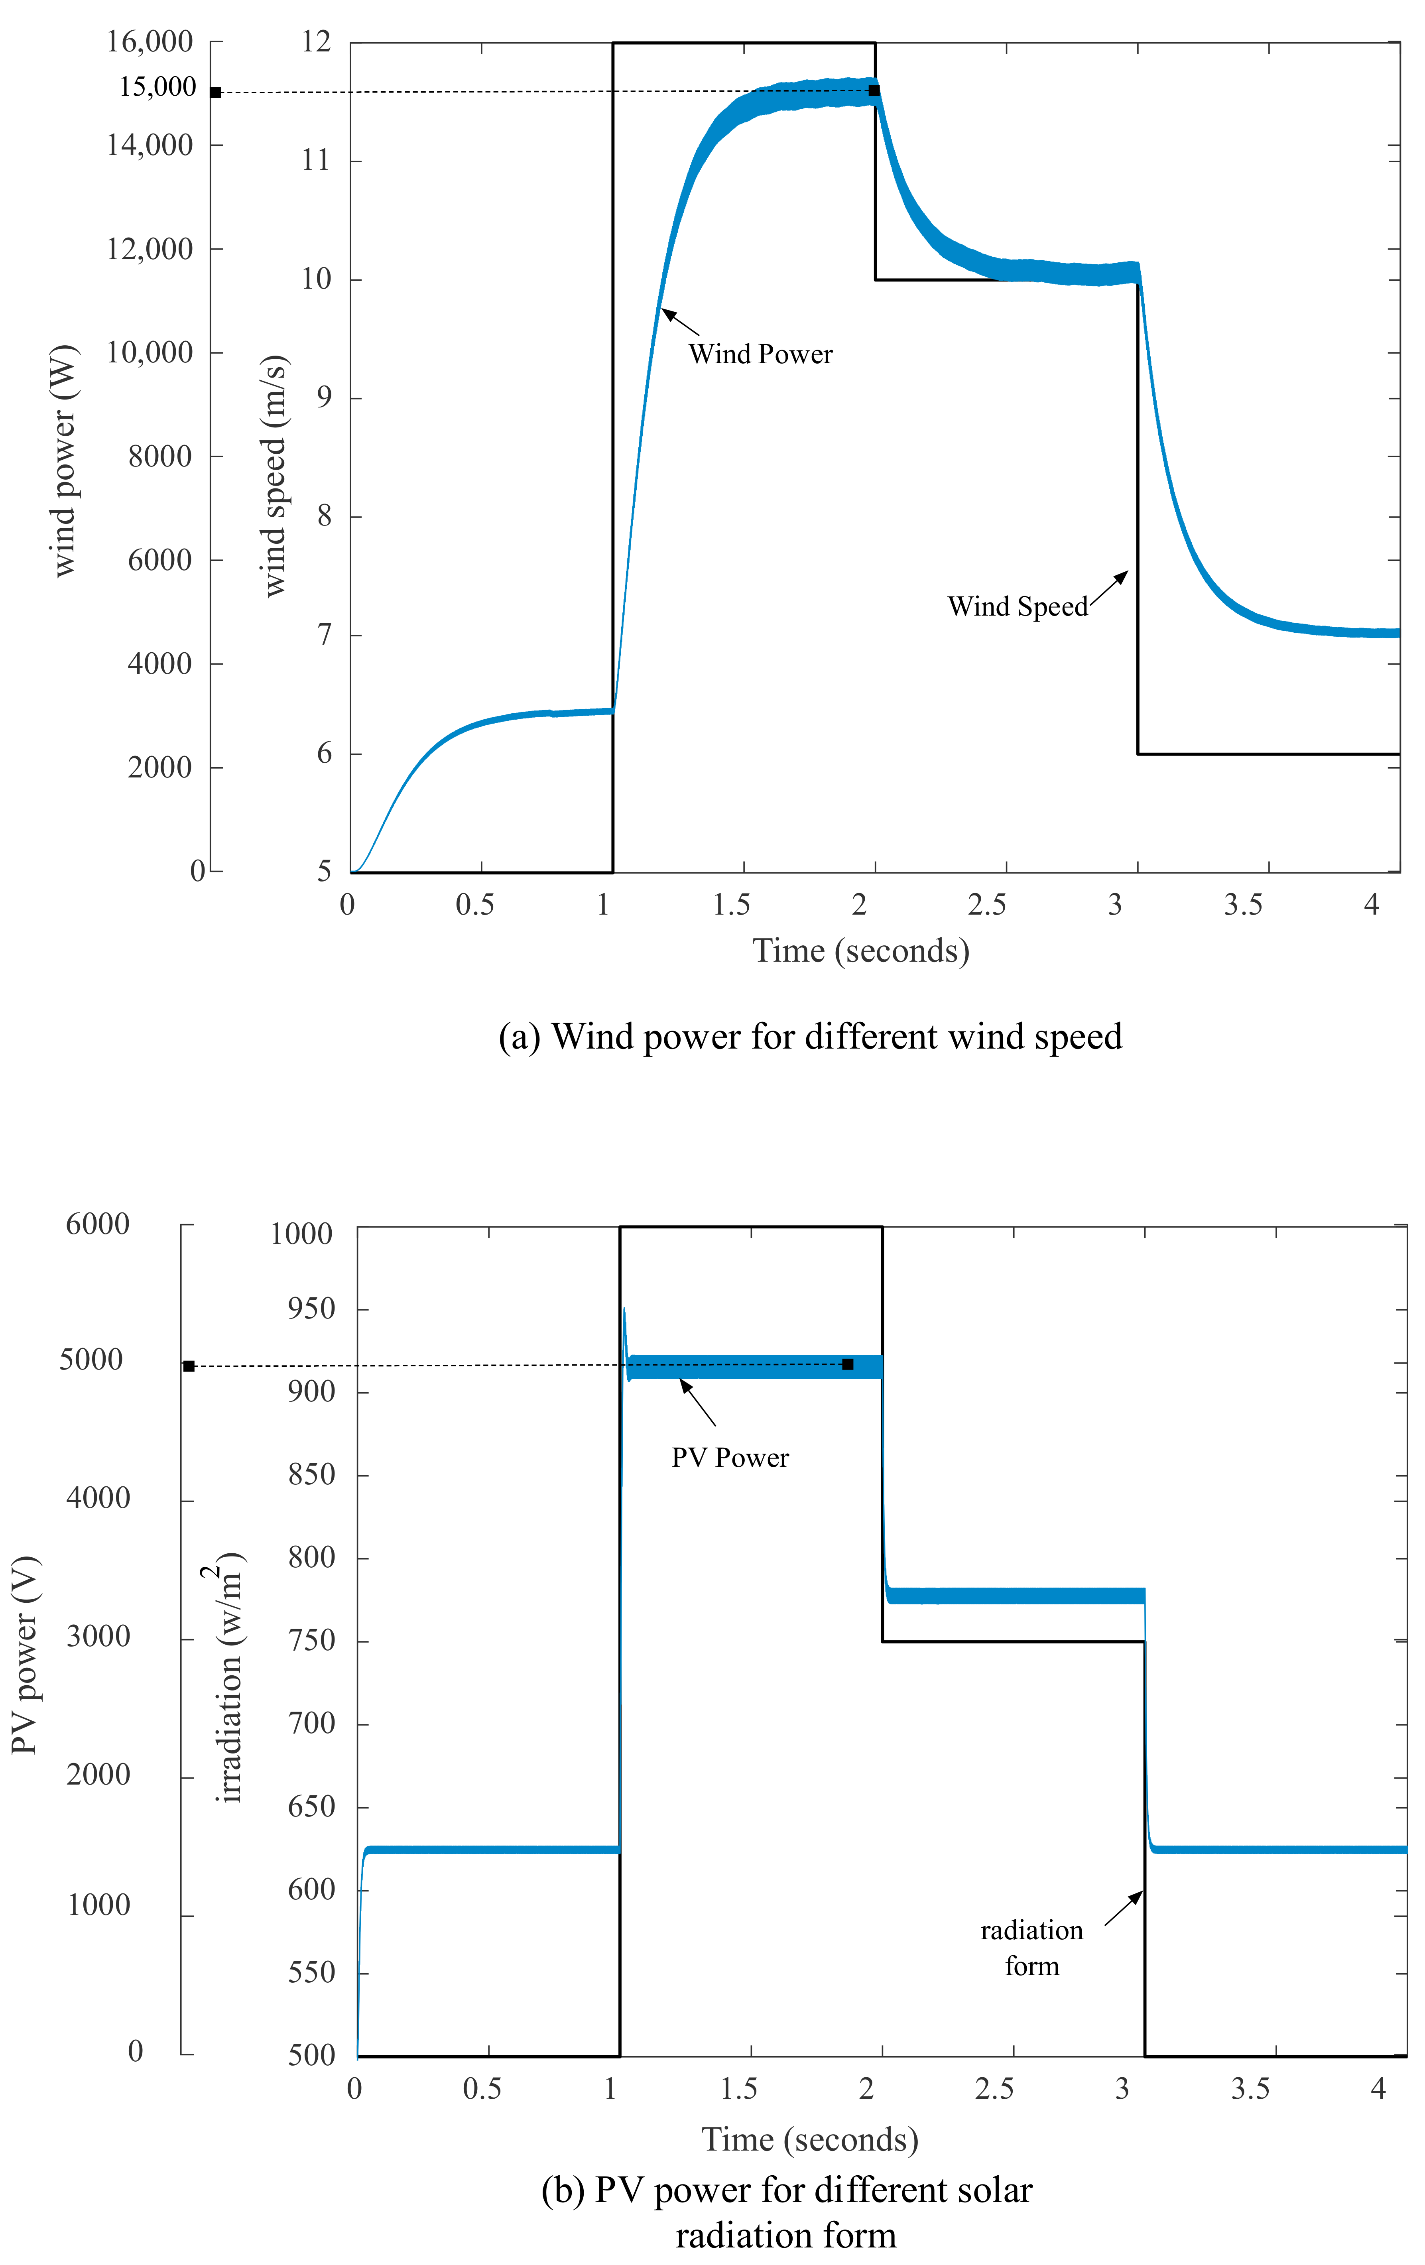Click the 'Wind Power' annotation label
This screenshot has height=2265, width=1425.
[x=760, y=354]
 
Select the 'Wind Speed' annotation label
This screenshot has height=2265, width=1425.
[x=1017, y=607]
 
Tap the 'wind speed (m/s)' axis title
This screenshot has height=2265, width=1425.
[x=274, y=475]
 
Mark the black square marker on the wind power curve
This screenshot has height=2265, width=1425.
[x=874, y=90]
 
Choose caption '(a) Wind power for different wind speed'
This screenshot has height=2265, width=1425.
[x=810, y=1037]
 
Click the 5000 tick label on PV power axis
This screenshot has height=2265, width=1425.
[x=91, y=1360]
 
